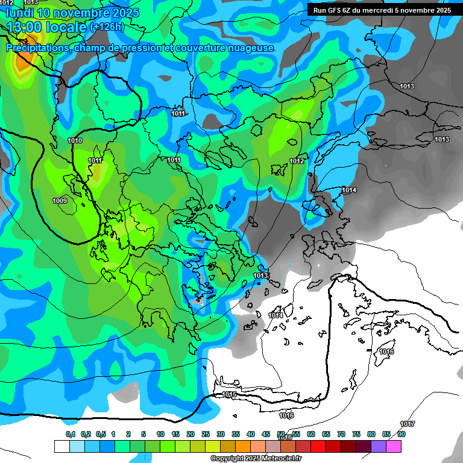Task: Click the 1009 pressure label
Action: pos(60,201)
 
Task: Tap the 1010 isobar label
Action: pos(75,140)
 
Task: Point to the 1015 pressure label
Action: pos(230,394)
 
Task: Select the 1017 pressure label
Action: pos(408,424)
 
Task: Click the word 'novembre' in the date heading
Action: pos(84,13)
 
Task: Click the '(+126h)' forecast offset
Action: pos(107,27)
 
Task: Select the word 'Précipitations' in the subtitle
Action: pos(36,48)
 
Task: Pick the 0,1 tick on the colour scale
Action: pos(71,434)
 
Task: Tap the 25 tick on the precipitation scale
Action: pos(206,434)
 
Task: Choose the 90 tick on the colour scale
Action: pos(402,434)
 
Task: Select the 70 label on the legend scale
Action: pos(341,434)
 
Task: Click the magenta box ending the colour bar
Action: pos(394,446)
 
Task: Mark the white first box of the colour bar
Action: pos(61,446)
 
